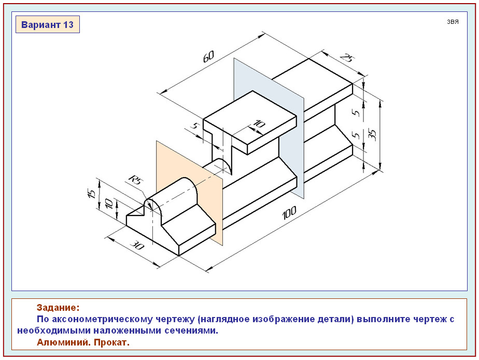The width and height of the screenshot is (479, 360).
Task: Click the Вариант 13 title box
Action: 47,24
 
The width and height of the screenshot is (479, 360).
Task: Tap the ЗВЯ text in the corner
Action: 453,22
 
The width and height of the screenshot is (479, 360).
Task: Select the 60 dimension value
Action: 209,56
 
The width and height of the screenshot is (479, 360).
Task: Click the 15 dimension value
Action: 91,193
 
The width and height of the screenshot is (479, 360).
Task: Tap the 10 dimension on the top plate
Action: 258,124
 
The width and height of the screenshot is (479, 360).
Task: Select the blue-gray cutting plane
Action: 290,104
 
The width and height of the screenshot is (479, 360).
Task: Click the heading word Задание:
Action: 58,308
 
